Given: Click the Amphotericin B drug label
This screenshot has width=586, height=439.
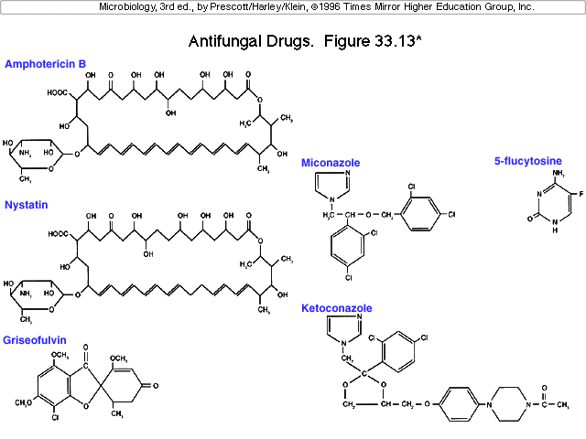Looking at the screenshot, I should click(x=45, y=64).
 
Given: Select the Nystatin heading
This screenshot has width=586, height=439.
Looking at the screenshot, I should click(x=27, y=204).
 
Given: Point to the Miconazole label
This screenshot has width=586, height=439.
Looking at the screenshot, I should click(x=331, y=163).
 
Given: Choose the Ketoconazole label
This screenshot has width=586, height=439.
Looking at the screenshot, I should click(x=337, y=309).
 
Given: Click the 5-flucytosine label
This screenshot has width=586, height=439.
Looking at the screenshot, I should click(x=528, y=161).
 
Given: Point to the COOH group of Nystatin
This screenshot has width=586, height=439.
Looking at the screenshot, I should click(x=60, y=233).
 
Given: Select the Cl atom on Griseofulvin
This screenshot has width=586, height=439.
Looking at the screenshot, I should click(x=55, y=417).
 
